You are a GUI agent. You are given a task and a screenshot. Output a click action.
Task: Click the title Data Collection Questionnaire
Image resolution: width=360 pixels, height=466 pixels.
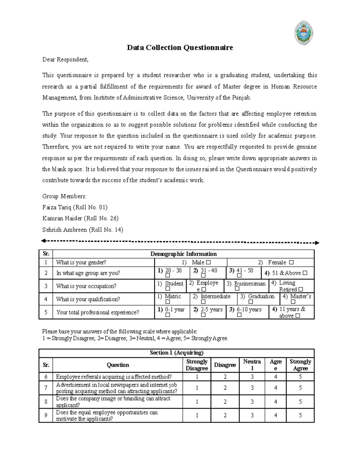click(x=180, y=47)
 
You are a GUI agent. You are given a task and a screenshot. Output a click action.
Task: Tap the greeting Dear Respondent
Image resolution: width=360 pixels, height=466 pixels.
click(x=65, y=59)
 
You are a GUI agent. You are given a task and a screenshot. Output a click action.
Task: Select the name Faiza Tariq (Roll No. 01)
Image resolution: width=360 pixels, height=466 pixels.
click(x=75, y=207)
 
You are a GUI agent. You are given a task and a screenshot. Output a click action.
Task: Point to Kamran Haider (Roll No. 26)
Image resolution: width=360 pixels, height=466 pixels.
click(x=80, y=218)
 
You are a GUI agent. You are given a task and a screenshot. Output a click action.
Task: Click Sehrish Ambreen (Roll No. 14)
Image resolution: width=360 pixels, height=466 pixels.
click(x=82, y=230)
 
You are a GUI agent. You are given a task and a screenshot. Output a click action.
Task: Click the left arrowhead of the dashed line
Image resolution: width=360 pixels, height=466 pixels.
click(x=43, y=241)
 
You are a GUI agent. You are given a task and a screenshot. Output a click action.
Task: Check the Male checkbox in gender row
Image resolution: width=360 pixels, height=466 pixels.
click(x=208, y=263)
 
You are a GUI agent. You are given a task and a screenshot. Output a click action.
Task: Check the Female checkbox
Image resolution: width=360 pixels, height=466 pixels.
click(x=291, y=263)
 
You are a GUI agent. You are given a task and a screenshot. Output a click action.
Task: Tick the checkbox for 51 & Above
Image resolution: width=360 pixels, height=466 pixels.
click(x=305, y=273)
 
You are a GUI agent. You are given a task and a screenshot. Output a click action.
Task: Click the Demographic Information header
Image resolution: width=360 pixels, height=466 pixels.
click(x=183, y=254)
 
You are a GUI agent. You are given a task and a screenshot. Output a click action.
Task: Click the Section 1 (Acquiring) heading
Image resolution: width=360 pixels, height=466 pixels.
click(x=176, y=353)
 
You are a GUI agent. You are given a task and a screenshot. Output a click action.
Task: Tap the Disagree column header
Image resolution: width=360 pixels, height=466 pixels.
click(x=225, y=365)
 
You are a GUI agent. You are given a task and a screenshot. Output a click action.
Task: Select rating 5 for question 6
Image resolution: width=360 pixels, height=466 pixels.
click(x=300, y=377)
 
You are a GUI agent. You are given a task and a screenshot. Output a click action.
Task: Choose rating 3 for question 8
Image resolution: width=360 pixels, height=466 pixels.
click(x=252, y=401)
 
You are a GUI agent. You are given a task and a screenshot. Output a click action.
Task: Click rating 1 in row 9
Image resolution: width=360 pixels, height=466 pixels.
click(x=197, y=415)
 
